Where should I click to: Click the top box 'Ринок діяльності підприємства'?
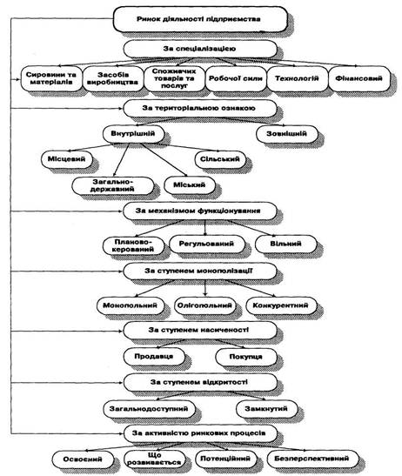point(200,19)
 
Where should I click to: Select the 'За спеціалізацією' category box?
point(200,49)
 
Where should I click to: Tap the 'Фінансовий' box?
point(359,78)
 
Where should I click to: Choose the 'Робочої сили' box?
point(236,78)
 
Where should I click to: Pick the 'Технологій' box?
point(298,78)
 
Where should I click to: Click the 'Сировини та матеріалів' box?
point(51,78)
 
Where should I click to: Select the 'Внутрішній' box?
point(134,134)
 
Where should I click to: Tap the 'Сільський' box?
point(220,159)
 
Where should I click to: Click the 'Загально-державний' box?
point(113,185)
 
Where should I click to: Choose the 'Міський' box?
point(190,184)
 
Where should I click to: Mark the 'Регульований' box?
point(207,244)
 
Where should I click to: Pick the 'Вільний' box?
point(285,244)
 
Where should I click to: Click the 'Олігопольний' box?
point(205,305)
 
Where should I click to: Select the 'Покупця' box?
point(246,357)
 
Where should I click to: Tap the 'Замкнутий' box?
point(266,409)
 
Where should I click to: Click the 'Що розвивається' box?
point(155,459)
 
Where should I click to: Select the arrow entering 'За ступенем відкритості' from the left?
point(67,383)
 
